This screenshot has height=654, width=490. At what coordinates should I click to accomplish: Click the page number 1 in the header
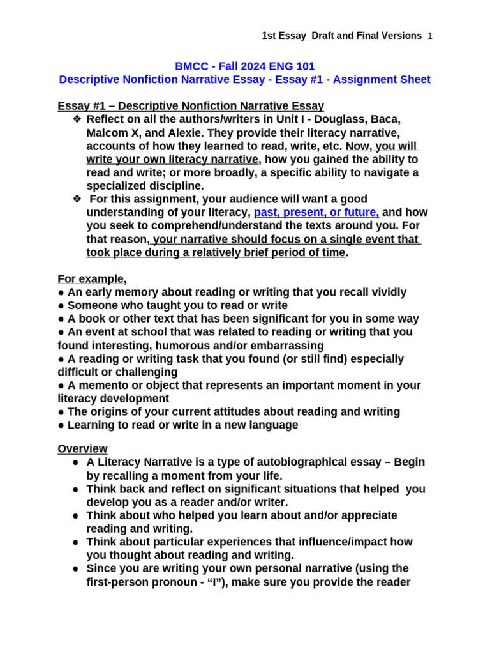point(430,36)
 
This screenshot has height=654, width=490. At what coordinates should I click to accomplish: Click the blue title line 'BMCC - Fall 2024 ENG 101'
point(244,66)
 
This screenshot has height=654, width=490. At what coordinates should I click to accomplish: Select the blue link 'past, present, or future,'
point(316,213)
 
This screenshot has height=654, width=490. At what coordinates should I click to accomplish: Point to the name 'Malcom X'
point(109,133)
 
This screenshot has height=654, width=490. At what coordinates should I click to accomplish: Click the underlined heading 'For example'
point(91,279)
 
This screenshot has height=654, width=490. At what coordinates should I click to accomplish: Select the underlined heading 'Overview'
point(82,448)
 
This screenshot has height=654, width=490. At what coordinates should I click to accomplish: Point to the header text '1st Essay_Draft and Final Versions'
point(341,36)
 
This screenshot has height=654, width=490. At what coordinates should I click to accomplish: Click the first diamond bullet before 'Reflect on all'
point(78,119)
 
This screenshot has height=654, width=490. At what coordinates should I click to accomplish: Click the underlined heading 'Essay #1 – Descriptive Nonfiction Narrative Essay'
point(191,106)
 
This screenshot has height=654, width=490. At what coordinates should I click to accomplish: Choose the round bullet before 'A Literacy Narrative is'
point(75,462)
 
